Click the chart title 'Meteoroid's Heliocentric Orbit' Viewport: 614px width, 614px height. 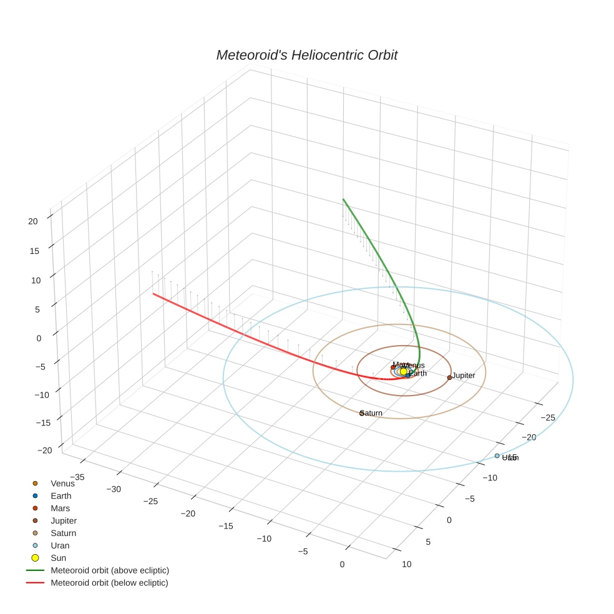[x=306, y=56]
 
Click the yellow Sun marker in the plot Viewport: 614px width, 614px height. [x=403, y=371]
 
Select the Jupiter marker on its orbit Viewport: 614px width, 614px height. [x=449, y=378]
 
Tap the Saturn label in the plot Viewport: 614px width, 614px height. [x=373, y=413]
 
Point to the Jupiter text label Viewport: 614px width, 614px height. [x=464, y=376]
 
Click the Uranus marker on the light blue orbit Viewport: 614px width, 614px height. [x=497, y=456]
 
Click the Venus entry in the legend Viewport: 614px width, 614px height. [x=62, y=484]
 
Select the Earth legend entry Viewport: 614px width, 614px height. [x=61, y=496]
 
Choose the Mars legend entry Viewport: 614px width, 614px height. [x=61, y=509]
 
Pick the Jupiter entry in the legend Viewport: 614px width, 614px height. [x=64, y=521]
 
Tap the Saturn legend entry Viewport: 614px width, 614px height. [x=63, y=534]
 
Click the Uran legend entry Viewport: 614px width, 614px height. [x=60, y=546]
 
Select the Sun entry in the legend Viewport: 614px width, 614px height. [x=58, y=558]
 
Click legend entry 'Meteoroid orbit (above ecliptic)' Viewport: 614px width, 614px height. [x=110, y=570]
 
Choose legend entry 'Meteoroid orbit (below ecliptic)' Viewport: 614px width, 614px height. [x=109, y=583]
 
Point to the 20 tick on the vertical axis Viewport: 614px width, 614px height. [x=34, y=221]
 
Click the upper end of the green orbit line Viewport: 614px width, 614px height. [x=343, y=199]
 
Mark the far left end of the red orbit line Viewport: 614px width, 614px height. [x=153, y=293]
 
